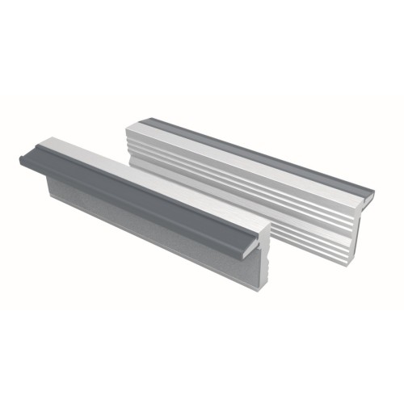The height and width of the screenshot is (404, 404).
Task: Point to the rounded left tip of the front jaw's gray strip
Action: coord(23,158)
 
